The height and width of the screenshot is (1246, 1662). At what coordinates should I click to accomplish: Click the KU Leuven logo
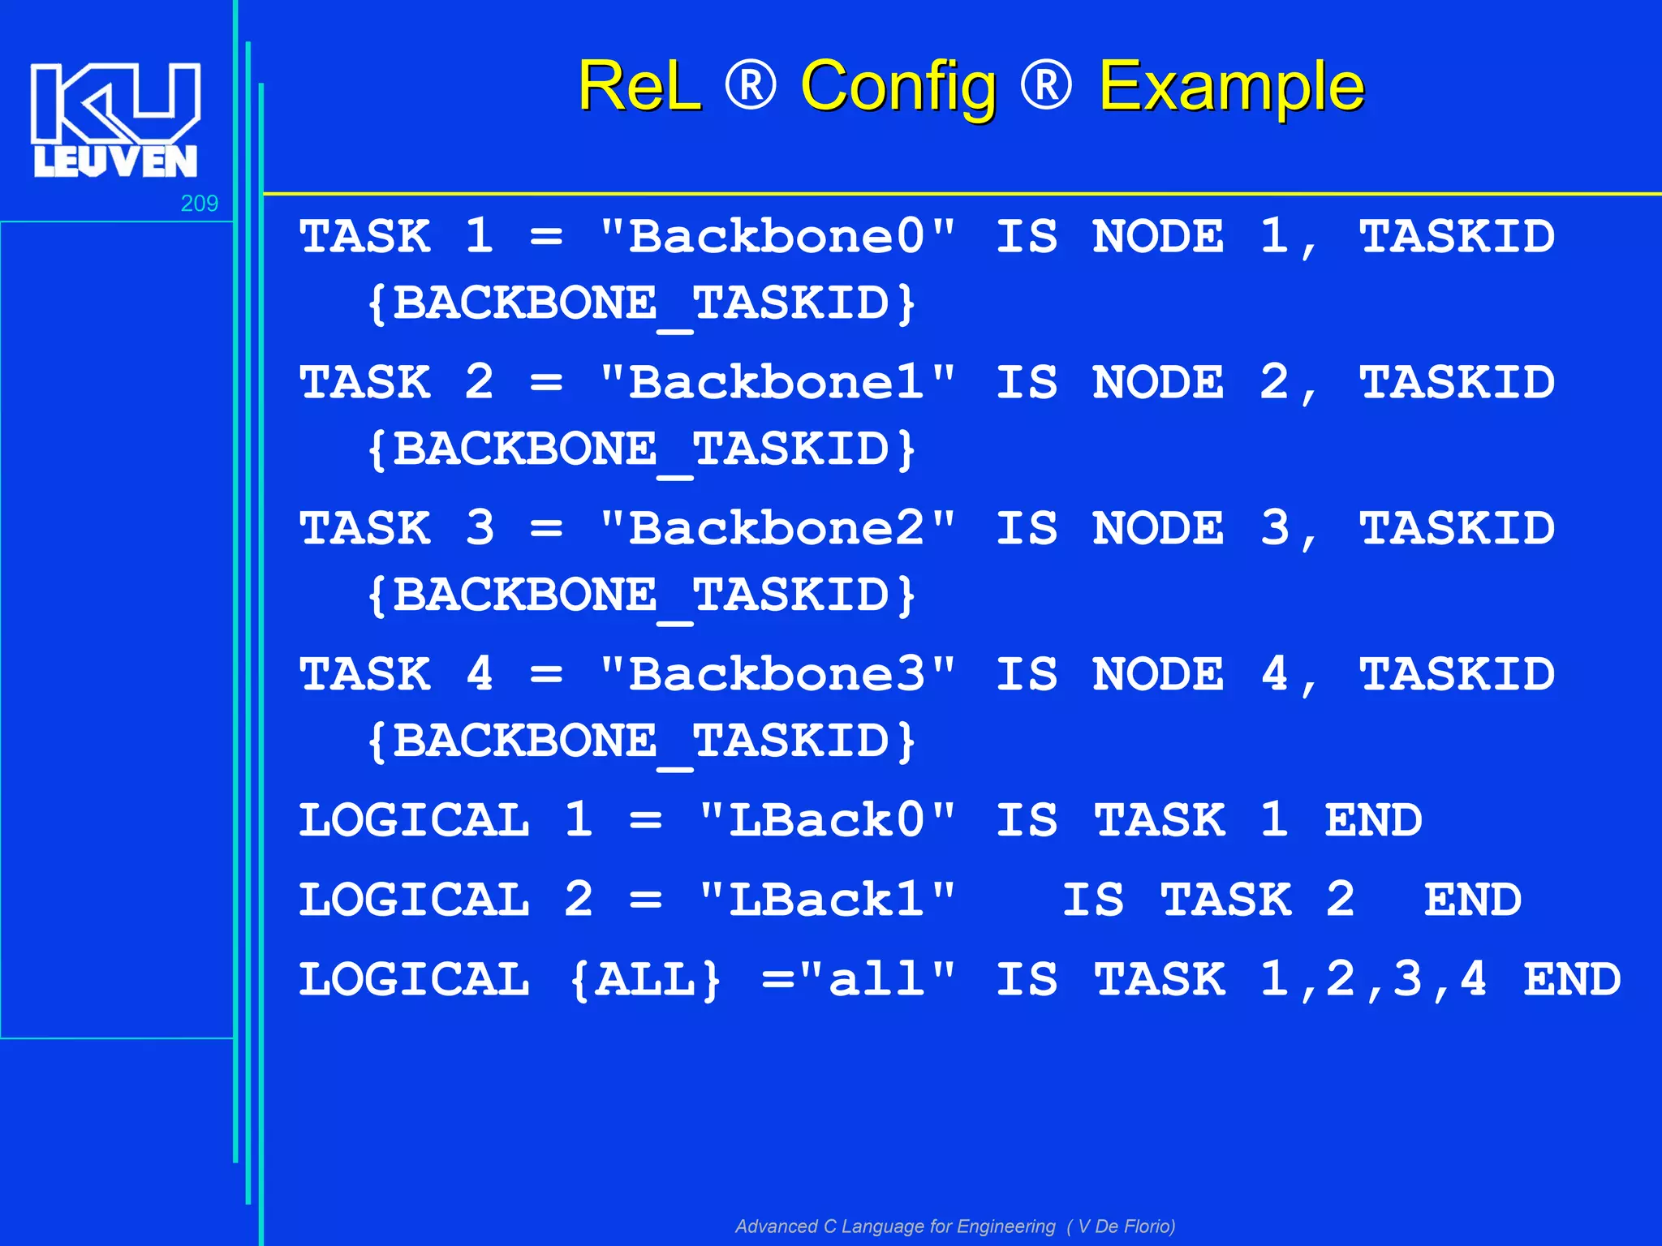pos(115,120)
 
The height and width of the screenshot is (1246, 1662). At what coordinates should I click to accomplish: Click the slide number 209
pos(199,204)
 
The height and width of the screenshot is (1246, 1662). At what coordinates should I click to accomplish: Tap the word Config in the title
pos(898,87)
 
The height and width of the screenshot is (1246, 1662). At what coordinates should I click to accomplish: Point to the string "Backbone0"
pos(777,237)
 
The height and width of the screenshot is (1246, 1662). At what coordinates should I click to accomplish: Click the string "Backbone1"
pos(777,383)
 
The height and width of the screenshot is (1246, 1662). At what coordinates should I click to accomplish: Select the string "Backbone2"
pos(777,529)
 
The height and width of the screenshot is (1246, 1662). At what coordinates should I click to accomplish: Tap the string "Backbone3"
pos(777,675)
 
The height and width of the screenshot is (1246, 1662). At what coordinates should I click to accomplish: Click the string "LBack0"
pos(827,820)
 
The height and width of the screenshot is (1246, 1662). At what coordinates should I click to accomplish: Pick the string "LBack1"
pos(827,900)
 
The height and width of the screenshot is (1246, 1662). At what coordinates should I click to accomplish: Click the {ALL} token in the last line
pos(645,979)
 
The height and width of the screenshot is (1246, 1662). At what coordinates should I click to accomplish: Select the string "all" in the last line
pos(876,979)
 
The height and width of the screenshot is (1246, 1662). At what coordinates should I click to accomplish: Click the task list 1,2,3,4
pos(1373,979)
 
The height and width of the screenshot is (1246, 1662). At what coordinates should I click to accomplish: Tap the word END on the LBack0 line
pos(1373,820)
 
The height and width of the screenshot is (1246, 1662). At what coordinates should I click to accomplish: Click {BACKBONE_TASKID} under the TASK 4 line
pos(641,741)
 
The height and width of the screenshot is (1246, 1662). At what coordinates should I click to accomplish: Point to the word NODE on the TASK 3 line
pos(1158,529)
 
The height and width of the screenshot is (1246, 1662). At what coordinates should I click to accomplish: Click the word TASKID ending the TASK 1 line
pos(1457,237)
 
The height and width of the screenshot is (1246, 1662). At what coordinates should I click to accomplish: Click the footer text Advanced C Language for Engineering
pos(895,1226)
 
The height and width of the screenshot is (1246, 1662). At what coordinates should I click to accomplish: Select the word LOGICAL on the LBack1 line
pos(414,900)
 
